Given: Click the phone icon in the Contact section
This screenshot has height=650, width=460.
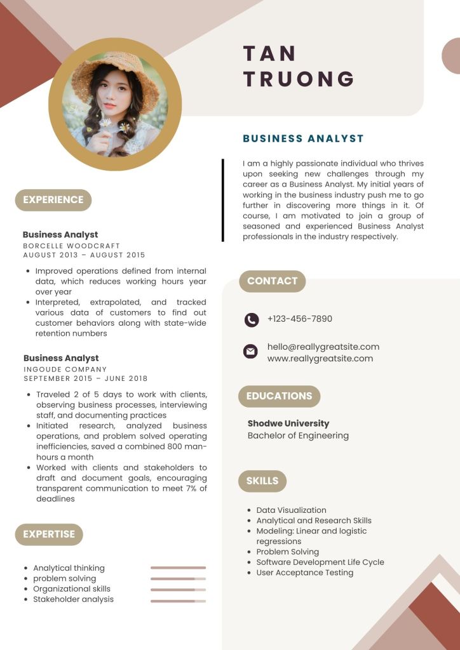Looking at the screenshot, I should (252, 320).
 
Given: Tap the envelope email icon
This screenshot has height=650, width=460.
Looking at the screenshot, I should (251, 351).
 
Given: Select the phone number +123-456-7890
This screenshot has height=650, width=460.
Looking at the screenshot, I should (299, 319).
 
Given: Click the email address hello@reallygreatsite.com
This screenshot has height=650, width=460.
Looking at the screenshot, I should (323, 347).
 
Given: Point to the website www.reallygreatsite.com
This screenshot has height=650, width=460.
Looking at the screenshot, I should (320, 359).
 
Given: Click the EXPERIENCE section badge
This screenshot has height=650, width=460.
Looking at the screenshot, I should (53, 200).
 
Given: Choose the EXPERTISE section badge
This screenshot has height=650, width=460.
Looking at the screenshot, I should (49, 534).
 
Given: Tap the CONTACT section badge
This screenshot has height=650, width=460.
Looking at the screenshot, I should (272, 281).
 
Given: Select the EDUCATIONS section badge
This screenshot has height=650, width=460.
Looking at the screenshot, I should (279, 396).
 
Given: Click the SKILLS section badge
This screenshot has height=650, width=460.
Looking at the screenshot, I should (262, 481).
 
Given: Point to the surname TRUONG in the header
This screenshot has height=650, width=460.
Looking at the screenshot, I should (299, 79).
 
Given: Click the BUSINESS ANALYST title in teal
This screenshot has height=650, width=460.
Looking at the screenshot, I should (303, 138).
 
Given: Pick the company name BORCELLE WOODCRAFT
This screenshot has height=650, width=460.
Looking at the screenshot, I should (71, 246).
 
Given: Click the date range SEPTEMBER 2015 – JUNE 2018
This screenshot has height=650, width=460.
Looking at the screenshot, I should (85, 379).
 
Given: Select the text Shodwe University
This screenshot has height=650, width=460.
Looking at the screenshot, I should (288, 423).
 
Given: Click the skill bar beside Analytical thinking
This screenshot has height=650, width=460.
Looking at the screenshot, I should (178, 567).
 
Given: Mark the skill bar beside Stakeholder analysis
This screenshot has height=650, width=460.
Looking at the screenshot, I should (178, 600).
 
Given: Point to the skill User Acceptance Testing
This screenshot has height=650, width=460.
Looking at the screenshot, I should (304, 573).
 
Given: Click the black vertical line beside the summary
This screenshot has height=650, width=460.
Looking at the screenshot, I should (223, 200).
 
